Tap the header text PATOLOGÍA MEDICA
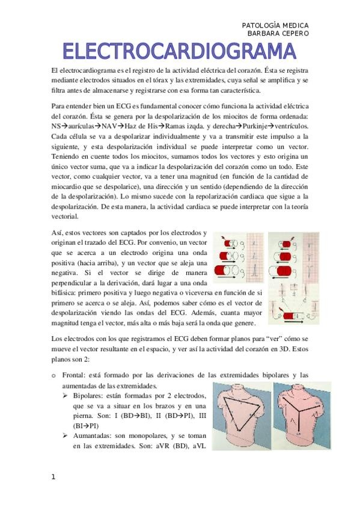(275, 25)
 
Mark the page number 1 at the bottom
(53, 477)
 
